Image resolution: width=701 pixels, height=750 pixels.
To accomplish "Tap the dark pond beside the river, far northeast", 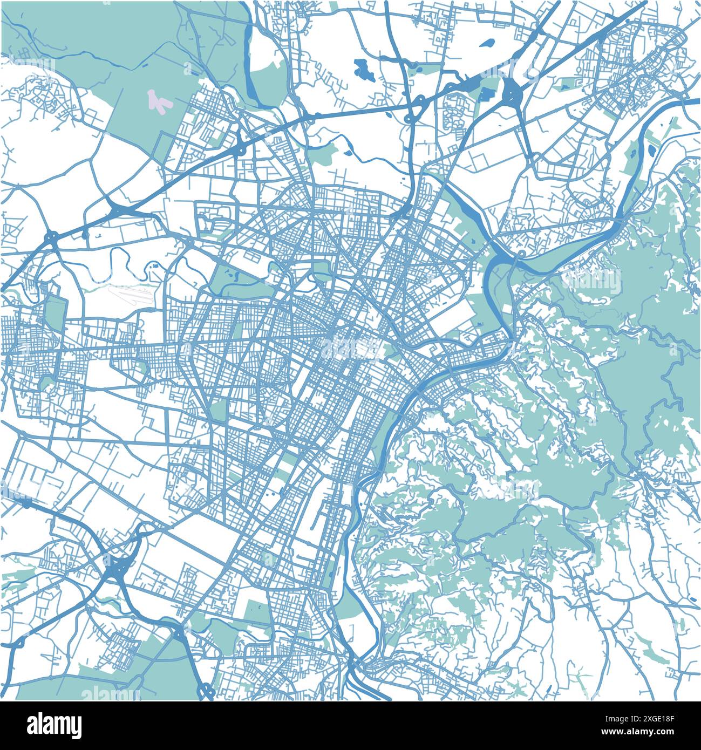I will click(653, 147).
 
